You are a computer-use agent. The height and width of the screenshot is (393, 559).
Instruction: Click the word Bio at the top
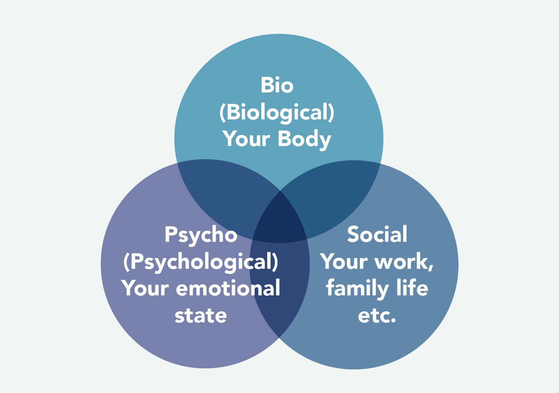coord(277,85)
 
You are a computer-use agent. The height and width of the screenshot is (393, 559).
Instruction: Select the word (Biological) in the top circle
coord(277,112)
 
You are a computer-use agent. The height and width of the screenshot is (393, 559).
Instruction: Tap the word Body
coord(304,139)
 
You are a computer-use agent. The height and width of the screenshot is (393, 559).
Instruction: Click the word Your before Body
coord(246,139)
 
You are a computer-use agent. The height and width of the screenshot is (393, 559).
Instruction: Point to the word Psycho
coord(201,235)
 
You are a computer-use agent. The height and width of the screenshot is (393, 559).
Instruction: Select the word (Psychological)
coord(201,262)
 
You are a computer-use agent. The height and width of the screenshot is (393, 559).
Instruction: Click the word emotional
coord(228,288)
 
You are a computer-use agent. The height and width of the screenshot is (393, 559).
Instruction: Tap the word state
coord(201,316)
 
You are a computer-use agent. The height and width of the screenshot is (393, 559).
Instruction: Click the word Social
coord(377,234)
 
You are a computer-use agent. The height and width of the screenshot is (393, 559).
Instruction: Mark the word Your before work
coord(344,262)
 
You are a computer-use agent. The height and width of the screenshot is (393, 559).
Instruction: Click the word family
coord(357,289)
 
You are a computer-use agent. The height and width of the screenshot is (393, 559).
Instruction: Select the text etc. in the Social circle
coord(377,316)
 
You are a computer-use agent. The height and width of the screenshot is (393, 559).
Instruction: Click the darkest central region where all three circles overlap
coord(280,220)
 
